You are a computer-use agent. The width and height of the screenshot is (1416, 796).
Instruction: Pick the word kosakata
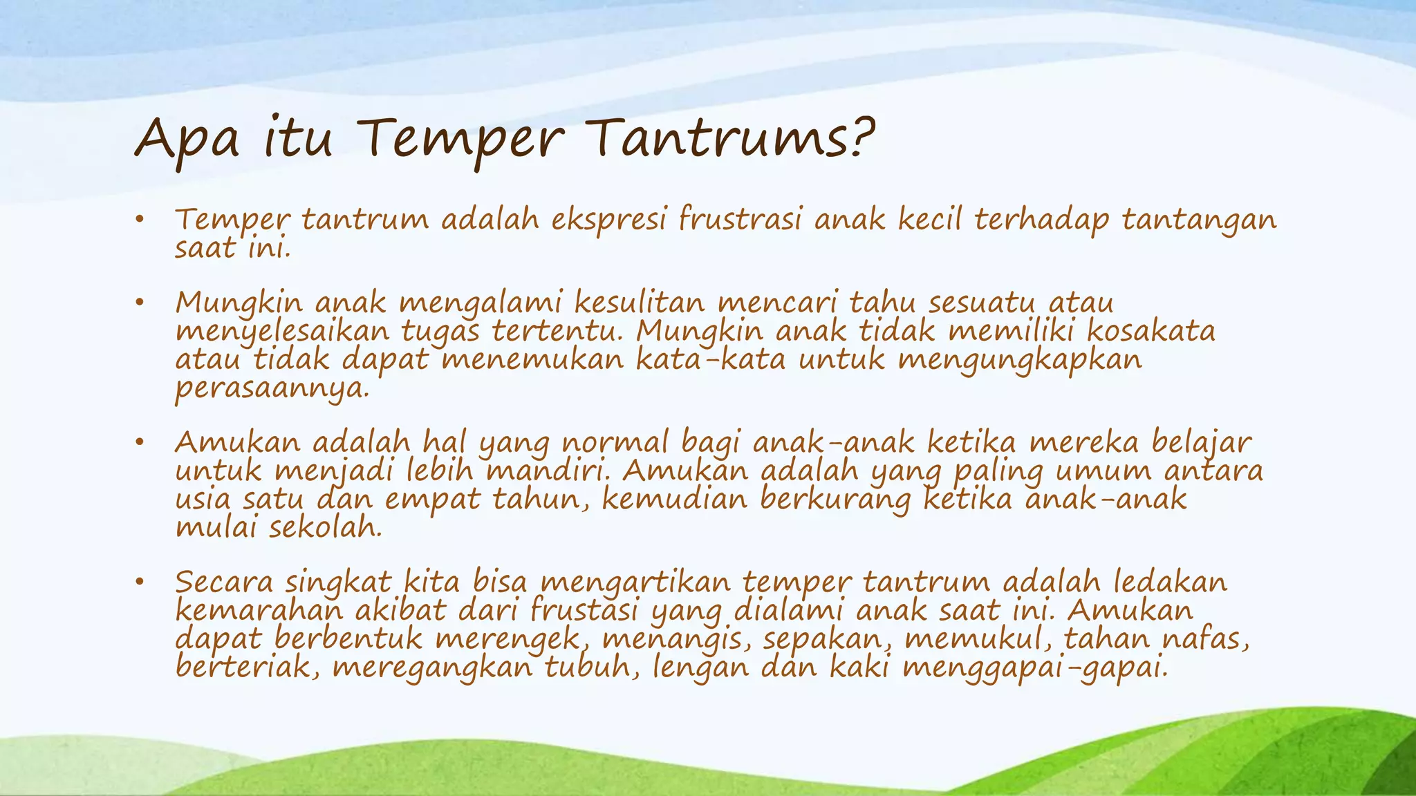[1150, 331]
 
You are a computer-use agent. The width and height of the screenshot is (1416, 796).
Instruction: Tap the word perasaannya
[272, 389]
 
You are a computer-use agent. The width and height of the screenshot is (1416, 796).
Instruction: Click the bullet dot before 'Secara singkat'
[139, 582]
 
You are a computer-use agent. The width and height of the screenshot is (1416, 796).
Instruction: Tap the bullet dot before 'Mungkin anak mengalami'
[139, 303]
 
